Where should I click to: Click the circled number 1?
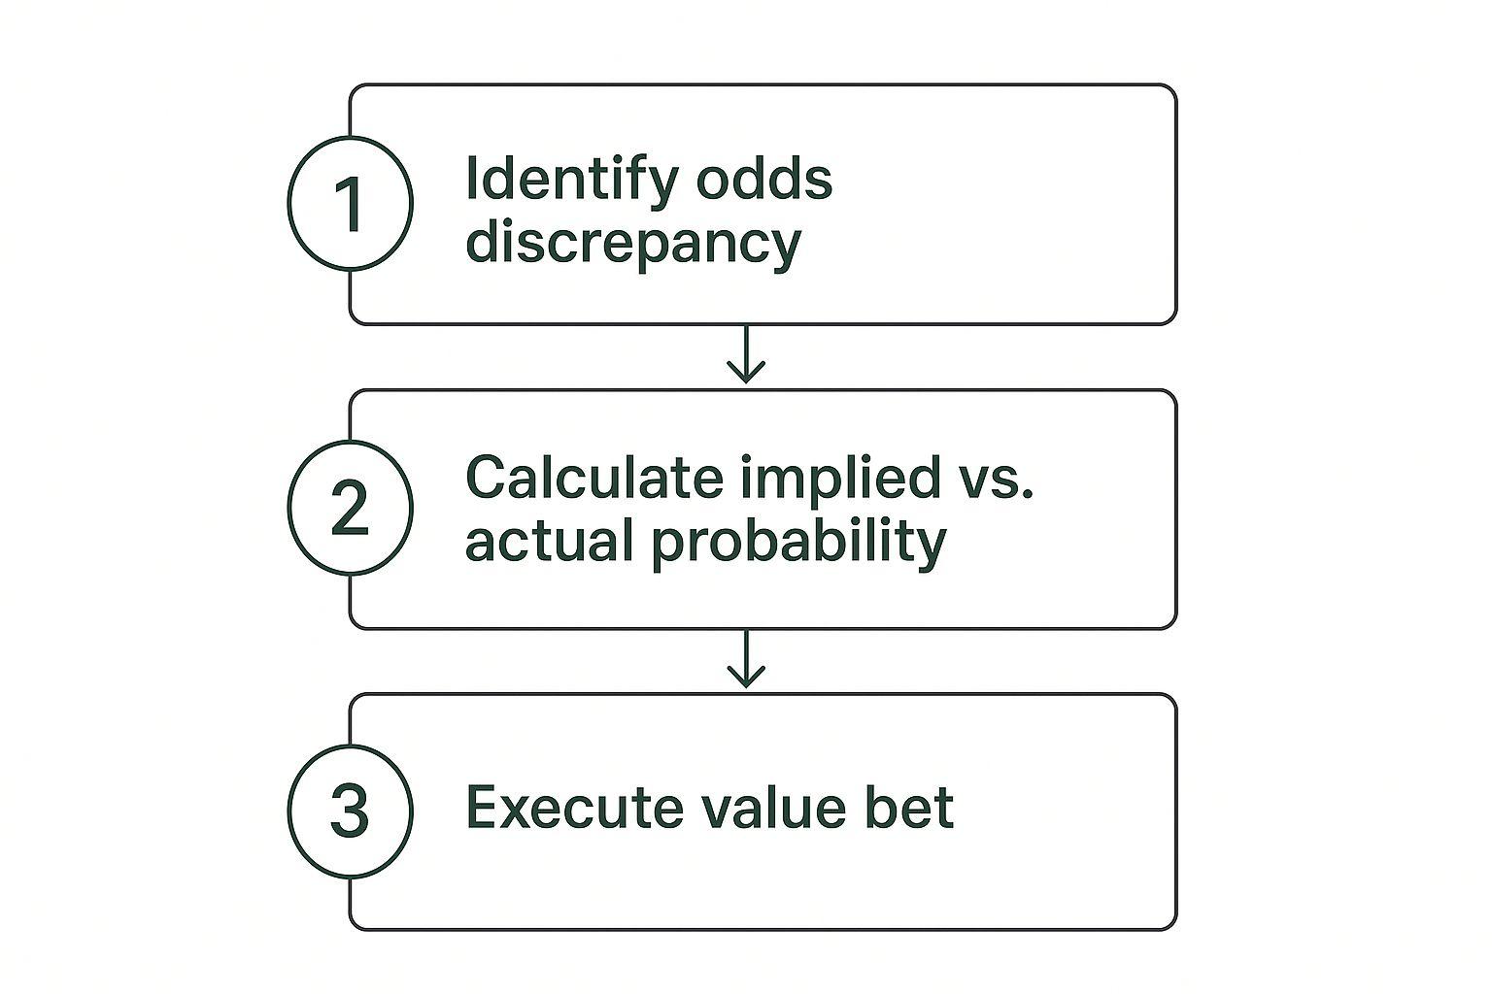coord(351,203)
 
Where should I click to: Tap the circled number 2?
coord(351,508)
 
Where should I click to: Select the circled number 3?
coord(351,812)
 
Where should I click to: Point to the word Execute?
coord(575,808)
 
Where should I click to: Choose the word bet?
coord(908,807)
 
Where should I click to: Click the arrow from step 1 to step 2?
coord(746,354)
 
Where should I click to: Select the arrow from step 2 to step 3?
coord(746,658)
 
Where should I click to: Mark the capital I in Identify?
coord(471,178)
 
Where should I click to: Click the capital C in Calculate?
coord(489,477)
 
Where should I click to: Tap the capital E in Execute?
coord(484,808)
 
